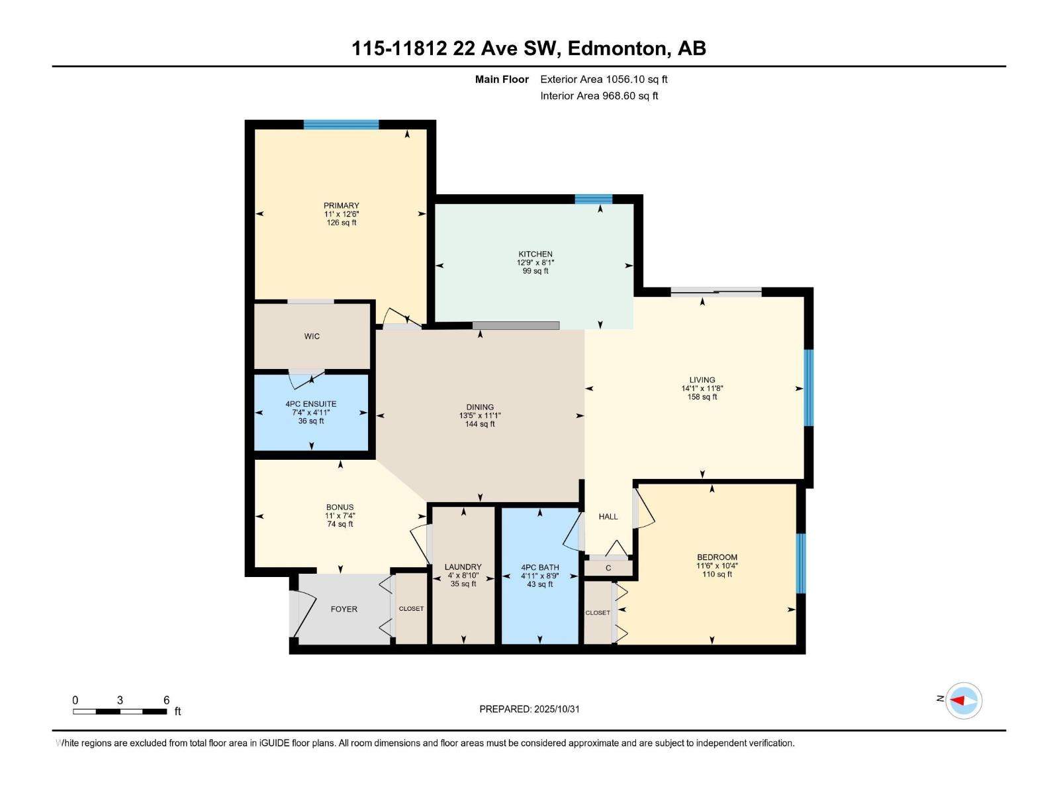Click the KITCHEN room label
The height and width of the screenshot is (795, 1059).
click(x=535, y=254)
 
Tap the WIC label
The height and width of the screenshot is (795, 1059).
click(x=312, y=337)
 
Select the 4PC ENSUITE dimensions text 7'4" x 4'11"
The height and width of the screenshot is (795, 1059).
click(x=311, y=413)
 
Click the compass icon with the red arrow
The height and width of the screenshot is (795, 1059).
click(x=963, y=700)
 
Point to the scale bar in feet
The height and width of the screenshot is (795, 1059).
click(x=120, y=712)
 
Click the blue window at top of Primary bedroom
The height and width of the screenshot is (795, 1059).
click(x=341, y=125)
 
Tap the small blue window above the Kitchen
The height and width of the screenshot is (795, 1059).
click(x=593, y=199)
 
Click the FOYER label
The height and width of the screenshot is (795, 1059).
click(x=344, y=609)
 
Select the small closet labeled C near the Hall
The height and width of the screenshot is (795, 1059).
click(x=608, y=568)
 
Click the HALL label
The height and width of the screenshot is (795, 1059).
click(x=608, y=517)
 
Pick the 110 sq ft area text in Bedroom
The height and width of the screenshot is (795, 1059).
click(x=717, y=574)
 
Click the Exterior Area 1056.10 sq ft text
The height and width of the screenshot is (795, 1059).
click(x=604, y=79)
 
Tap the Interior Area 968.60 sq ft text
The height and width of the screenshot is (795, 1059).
click(x=599, y=96)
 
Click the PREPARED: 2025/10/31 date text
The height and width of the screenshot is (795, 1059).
click(x=529, y=709)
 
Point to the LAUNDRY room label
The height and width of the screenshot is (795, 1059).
click(x=463, y=567)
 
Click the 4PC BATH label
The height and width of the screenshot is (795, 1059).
click(x=539, y=568)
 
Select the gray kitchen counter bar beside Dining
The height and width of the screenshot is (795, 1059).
click(x=516, y=325)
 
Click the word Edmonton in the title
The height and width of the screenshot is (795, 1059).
click(x=617, y=48)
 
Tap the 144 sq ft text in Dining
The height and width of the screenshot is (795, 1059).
click(x=479, y=424)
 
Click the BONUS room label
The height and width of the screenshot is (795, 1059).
click(x=340, y=507)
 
